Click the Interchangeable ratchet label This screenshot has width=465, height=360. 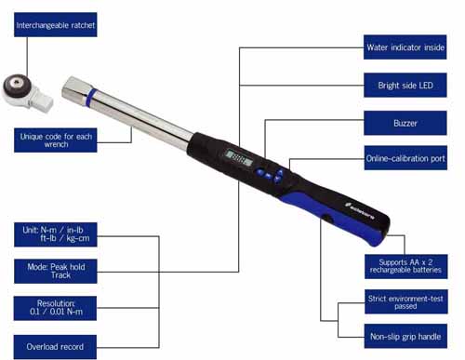[x=56, y=25]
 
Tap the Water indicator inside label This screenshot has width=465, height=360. [x=405, y=47]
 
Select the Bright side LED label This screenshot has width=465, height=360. [x=405, y=86]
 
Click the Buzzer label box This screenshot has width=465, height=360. [x=405, y=123]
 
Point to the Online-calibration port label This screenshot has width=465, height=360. [x=405, y=158]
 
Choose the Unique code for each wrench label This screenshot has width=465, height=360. [x=56, y=140]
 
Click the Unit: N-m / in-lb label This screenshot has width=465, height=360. [x=56, y=234]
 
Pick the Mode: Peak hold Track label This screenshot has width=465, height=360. [x=56, y=272]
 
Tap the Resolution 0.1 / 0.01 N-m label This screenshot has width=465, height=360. [x=55, y=308]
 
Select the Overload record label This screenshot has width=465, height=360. [x=55, y=347]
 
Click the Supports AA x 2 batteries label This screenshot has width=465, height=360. [x=406, y=267]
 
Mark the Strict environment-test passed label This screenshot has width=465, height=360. [x=406, y=301]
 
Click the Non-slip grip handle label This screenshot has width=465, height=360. [x=405, y=336]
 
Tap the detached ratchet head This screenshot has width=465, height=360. [x=26, y=92]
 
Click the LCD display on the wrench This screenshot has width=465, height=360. [x=238, y=157]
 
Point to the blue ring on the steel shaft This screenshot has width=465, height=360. [x=91, y=98]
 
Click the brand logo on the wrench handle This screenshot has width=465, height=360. [x=360, y=211]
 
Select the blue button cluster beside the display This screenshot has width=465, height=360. [x=270, y=176]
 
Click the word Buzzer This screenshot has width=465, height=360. [x=405, y=123]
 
